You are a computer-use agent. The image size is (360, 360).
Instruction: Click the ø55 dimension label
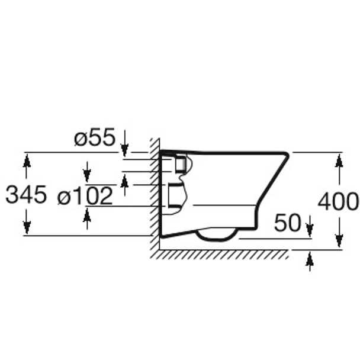point(94,139)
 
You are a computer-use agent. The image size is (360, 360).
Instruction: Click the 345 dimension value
point(25,194)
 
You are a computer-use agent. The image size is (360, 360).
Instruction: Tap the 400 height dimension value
point(338,202)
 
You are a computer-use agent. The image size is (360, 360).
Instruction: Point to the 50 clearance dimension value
point(287,223)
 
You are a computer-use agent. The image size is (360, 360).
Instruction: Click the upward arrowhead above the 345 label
point(27,160)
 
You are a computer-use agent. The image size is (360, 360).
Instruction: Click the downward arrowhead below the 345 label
point(27,227)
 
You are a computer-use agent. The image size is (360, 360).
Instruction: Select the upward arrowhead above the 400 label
point(339,161)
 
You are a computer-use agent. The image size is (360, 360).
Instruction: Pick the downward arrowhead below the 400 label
point(339,240)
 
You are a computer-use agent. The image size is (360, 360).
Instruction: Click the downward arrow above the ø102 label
point(87,175)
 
